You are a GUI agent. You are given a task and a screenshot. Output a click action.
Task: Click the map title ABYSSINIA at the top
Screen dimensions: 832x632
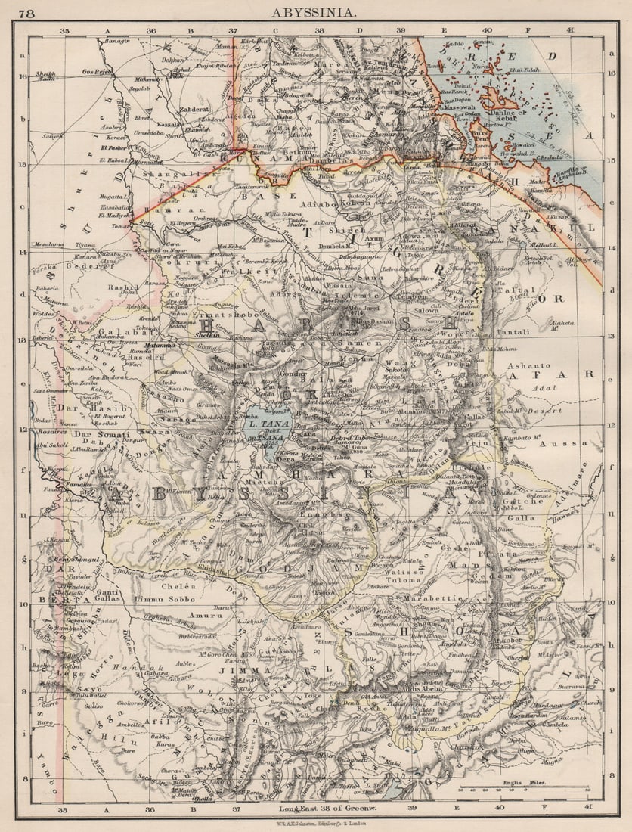[315, 12]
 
